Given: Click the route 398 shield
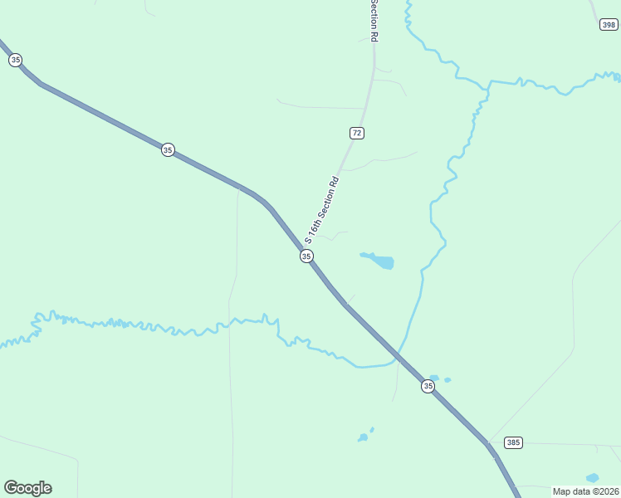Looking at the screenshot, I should click(x=609, y=25).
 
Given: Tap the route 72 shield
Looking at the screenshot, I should click(x=356, y=133).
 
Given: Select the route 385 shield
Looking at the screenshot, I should click(x=513, y=442).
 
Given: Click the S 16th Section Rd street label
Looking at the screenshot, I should click(x=322, y=208).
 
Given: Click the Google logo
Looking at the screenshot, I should click(x=27, y=488).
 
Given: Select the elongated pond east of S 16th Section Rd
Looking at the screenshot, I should click(x=379, y=261).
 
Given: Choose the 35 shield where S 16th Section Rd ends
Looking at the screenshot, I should click(x=306, y=256).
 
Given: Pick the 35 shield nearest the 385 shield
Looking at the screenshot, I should click(x=428, y=386).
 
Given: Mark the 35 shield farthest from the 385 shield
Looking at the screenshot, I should click(x=15, y=60).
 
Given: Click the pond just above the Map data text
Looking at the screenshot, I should click(x=592, y=478).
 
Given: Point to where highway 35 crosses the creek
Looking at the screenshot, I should click(x=398, y=357).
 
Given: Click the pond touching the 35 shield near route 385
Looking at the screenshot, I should click(x=434, y=378).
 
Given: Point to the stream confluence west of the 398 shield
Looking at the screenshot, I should click(x=488, y=83).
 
